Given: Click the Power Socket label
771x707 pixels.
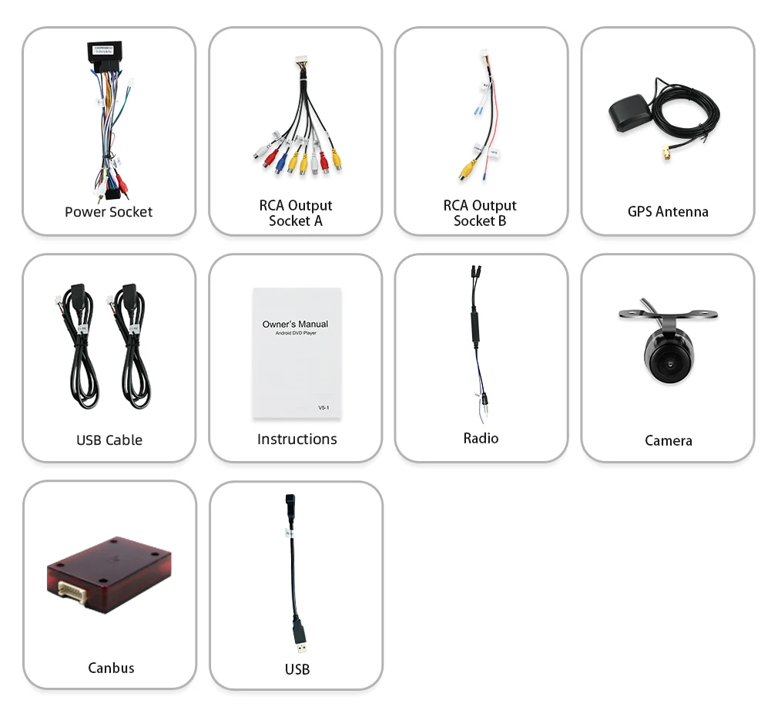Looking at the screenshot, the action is click(109, 212).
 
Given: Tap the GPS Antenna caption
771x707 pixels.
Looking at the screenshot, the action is click(668, 211).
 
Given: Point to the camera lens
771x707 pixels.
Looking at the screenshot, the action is click(667, 360).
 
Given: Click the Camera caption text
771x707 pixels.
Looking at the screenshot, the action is click(668, 441).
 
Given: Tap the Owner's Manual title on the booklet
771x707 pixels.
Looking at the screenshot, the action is click(295, 325).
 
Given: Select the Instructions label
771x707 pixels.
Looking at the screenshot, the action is click(297, 439).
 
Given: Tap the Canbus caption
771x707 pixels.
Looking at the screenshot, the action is click(111, 668).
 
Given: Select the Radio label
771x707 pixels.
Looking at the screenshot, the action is click(481, 439).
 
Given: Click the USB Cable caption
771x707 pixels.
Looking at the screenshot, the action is click(109, 440).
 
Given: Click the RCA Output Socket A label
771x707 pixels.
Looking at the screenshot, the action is click(296, 214).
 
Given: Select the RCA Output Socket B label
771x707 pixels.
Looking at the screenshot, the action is click(480, 214).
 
